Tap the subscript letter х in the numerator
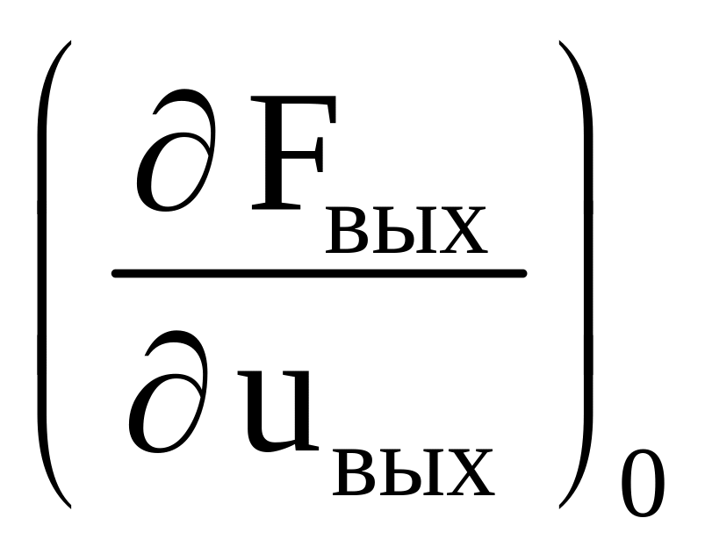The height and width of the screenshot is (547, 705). tap(460, 231)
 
